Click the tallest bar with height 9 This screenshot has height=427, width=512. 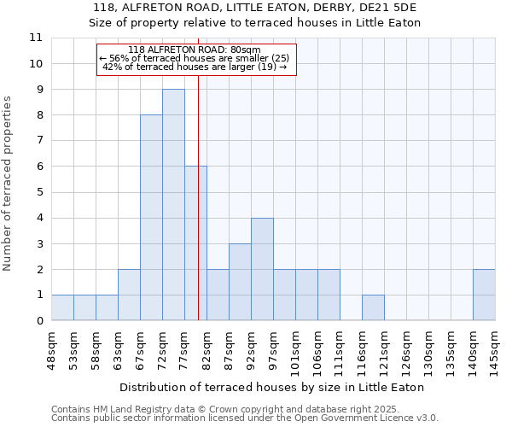click(x=173, y=205)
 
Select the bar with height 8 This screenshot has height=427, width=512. click(x=151, y=218)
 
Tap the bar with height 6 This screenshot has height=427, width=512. click(x=195, y=243)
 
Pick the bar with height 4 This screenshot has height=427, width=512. click(x=262, y=269)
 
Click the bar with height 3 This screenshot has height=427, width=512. click(x=240, y=282)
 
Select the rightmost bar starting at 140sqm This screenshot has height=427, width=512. click(x=484, y=295)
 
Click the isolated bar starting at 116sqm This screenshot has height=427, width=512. click(x=373, y=307)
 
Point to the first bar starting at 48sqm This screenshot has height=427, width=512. click(x=62, y=307)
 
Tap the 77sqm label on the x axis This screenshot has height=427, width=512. click(x=184, y=348)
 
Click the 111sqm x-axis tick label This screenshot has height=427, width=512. click(x=340, y=349)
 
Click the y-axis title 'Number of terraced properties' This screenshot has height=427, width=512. click(x=9, y=184)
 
